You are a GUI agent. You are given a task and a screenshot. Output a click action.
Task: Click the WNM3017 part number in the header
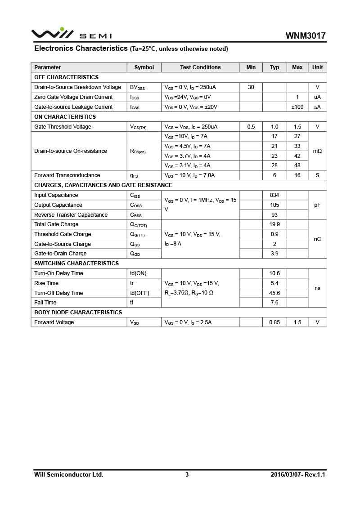[x=305, y=36]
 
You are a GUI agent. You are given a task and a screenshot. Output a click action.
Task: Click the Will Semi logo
[x=71, y=34]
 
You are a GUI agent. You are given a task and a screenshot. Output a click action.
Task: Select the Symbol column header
[x=144, y=67]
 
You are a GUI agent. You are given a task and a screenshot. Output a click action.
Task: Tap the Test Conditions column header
[x=200, y=67]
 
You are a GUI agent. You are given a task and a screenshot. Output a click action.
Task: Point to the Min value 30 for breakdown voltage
[x=251, y=87]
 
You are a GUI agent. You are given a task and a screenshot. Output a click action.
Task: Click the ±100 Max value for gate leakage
[x=297, y=107]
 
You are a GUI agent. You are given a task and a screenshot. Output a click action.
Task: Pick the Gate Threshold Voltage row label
[x=63, y=127]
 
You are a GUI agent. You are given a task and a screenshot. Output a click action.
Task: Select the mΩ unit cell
[x=317, y=151]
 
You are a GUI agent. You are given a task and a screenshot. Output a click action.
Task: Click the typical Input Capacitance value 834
[x=274, y=195]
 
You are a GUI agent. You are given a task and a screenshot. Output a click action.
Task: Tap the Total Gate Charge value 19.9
[x=274, y=224]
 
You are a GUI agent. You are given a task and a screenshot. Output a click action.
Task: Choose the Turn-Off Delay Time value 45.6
[x=274, y=293]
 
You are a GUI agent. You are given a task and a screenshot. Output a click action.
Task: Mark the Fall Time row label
[x=45, y=303]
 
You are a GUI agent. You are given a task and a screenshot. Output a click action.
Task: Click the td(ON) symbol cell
[x=138, y=273]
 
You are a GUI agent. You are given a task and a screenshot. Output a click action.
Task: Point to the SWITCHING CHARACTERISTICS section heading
[x=76, y=263]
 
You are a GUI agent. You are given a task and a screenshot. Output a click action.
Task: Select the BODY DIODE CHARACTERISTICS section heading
[x=78, y=313]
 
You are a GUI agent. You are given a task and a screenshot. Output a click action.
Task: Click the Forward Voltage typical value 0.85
[x=274, y=322]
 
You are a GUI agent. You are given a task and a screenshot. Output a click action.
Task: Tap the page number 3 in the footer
[x=187, y=474]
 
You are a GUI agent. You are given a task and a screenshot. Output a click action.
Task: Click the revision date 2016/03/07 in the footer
[x=287, y=474]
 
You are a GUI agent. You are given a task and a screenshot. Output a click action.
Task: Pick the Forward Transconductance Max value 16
[x=297, y=175]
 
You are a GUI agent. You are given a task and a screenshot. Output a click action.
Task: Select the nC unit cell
[x=317, y=239]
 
